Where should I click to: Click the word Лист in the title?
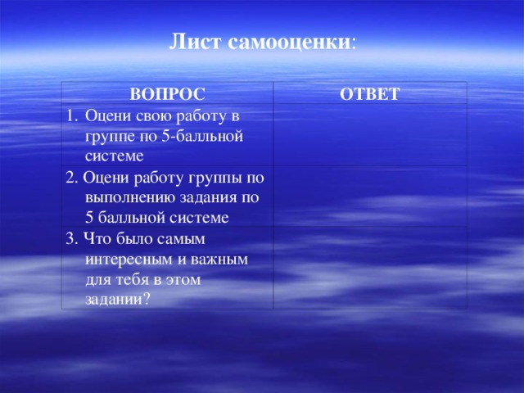click(195, 42)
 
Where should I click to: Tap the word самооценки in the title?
click(289, 43)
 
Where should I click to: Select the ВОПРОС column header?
click(167, 94)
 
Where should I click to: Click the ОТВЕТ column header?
click(369, 94)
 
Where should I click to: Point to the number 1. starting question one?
click(72, 116)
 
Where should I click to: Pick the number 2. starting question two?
click(72, 178)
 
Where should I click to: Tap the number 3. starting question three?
click(72, 239)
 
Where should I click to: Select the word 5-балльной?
click(202, 137)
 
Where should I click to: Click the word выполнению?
click(131, 198)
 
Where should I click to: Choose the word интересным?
click(129, 260)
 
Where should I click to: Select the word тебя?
click(133, 279)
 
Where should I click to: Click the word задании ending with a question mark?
click(117, 300)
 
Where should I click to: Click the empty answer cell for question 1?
click(370, 134)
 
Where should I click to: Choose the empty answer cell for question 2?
click(370, 196)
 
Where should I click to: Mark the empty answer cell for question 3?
click(370, 268)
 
